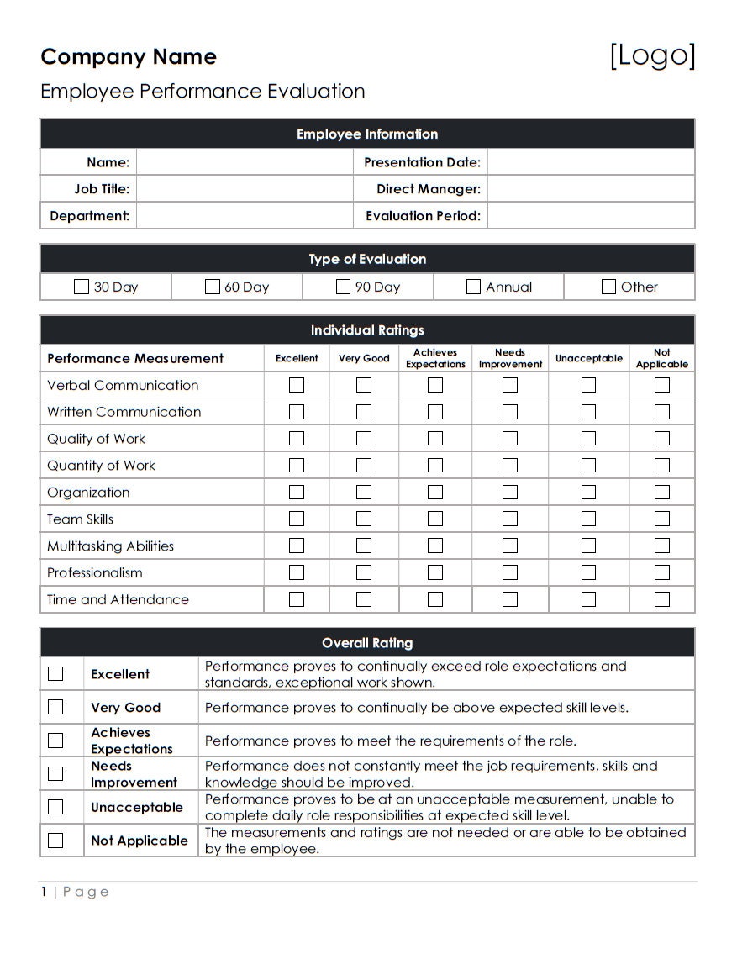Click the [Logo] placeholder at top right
(652, 55)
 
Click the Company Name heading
(129, 56)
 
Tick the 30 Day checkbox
(81, 287)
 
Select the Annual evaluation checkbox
(473, 287)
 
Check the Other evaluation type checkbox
(608, 287)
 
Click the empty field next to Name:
(244, 162)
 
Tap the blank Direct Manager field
(590, 189)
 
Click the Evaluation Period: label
(423, 216)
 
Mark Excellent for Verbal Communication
(297, 385)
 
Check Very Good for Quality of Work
(364, 439)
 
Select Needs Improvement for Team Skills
(510, 519)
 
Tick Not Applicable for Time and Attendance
(662, 599)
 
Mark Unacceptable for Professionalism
(588, 572)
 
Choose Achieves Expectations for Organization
(435, 493)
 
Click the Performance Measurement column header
(135, 358)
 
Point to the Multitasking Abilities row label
(110, 546)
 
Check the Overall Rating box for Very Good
(55, 707)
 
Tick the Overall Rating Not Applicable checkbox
(55, 841)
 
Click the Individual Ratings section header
(367, 330)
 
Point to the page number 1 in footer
(44, 892)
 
